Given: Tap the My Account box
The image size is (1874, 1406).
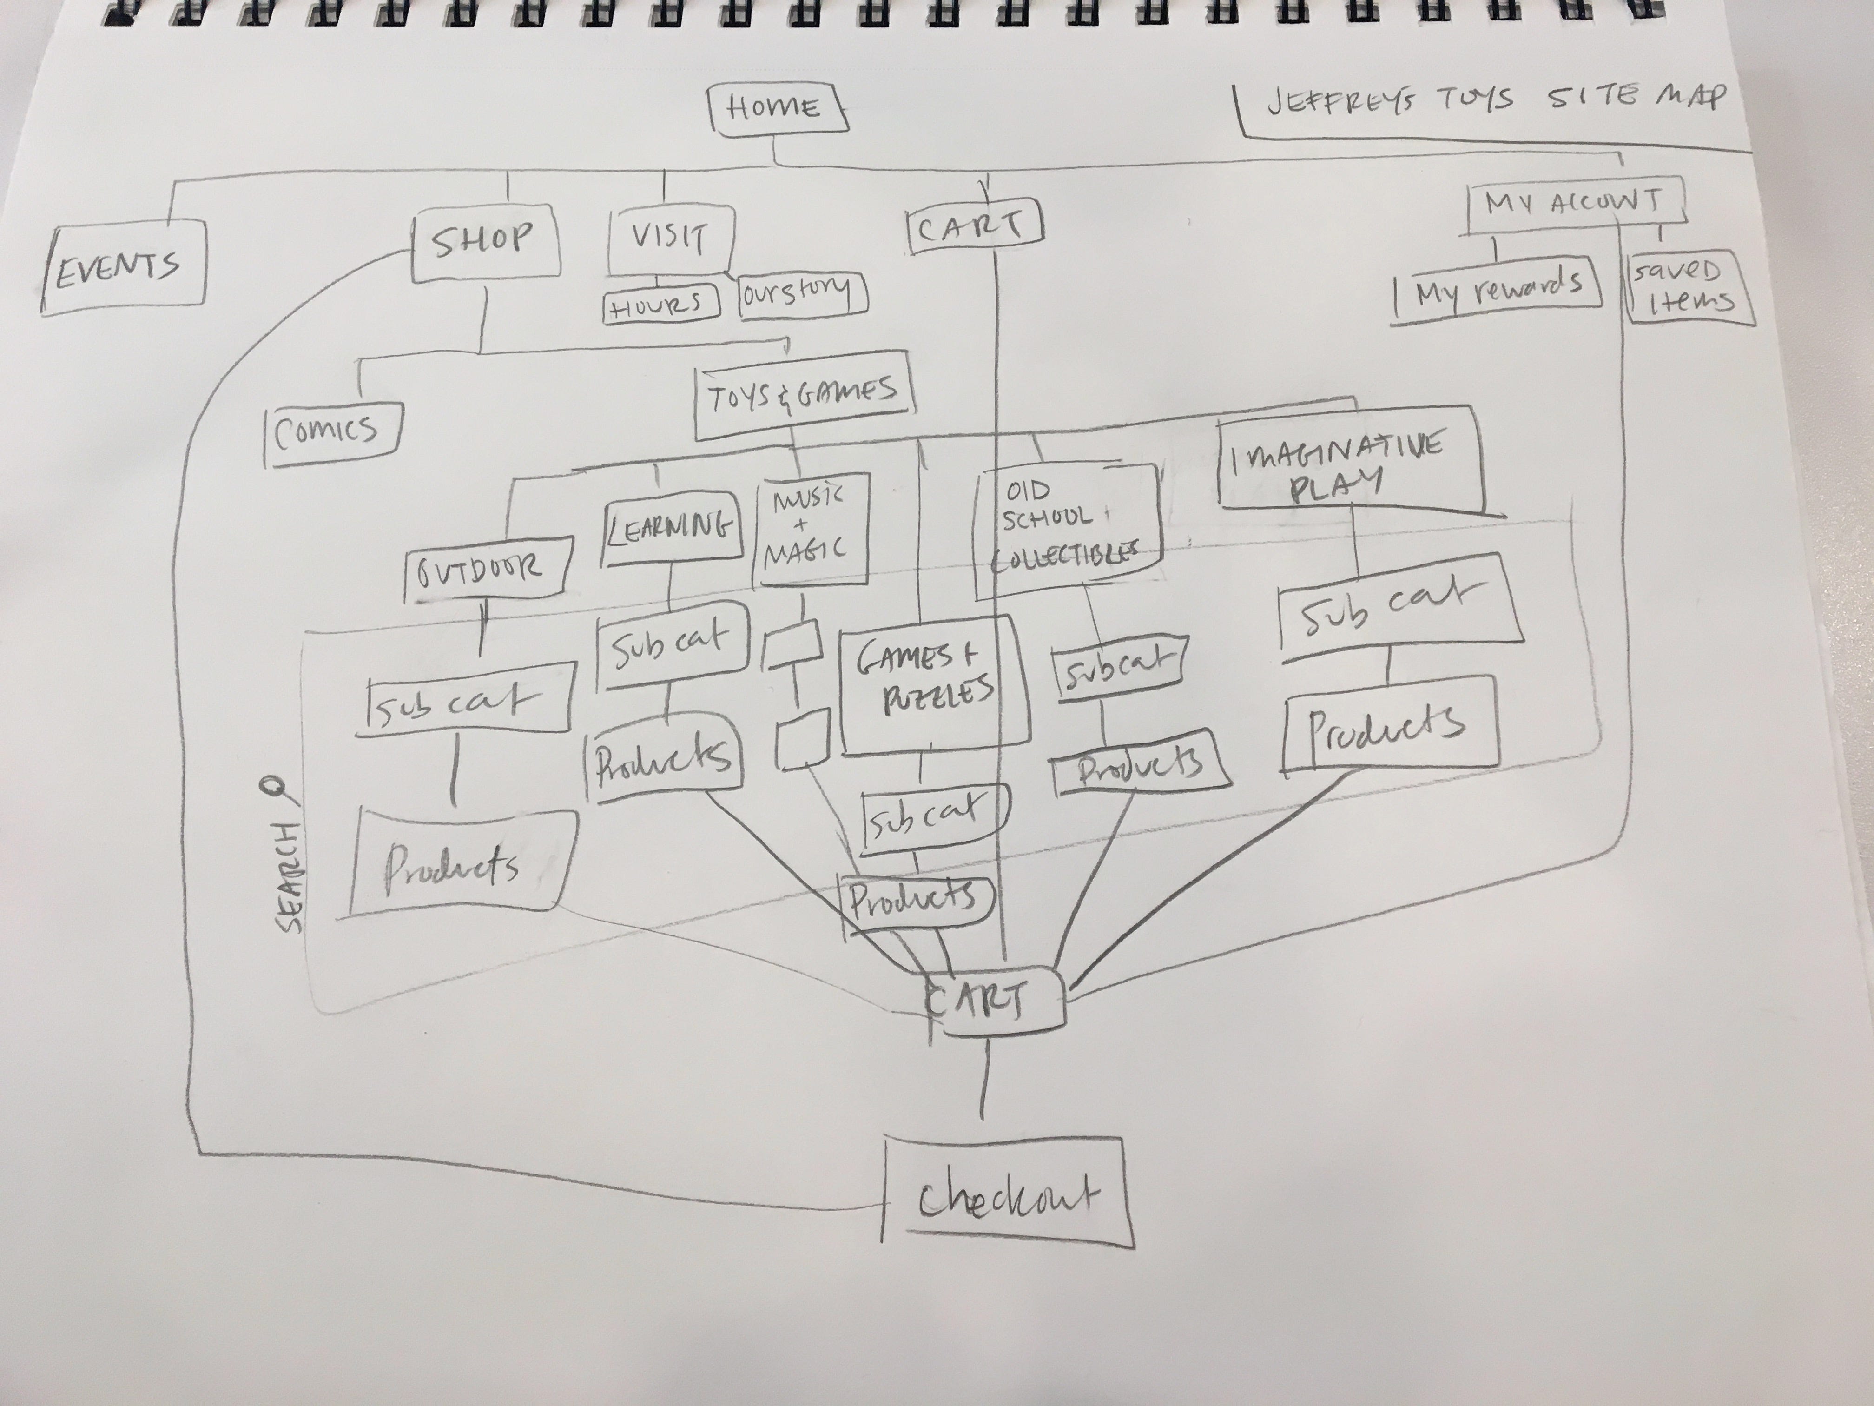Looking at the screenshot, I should point(1573,203).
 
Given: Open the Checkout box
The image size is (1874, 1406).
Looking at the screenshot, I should point(1006,1198).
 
